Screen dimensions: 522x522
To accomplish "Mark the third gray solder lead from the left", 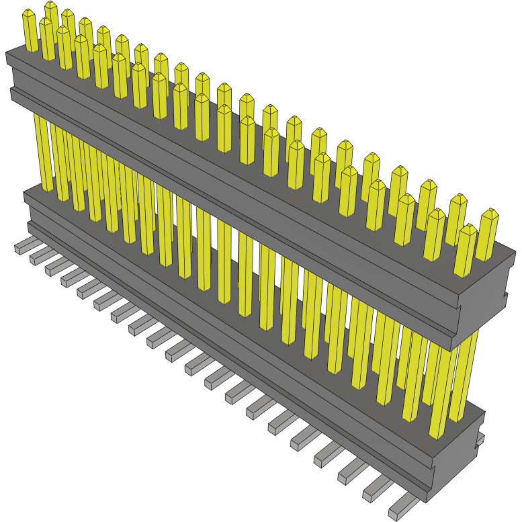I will (56, 266).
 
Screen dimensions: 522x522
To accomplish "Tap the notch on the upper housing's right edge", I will (505, 297).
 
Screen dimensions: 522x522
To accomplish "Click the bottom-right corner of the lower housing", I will (426, 501).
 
